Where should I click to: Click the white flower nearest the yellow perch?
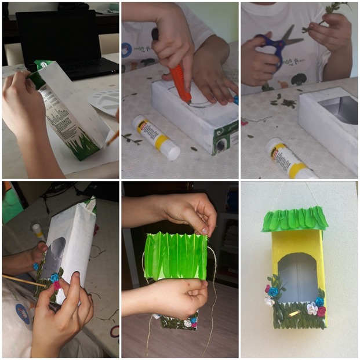point(312,308)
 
